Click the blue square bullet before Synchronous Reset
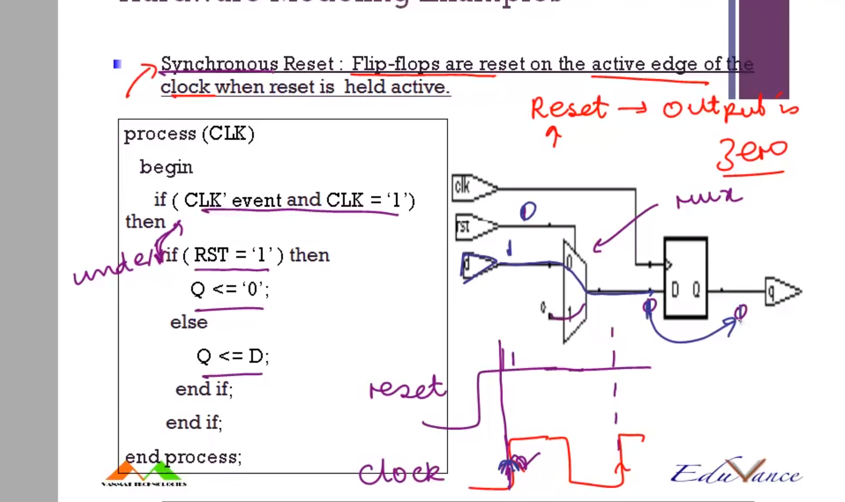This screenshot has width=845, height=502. (x=117, y=64)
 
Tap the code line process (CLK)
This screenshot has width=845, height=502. (x=189, y=134)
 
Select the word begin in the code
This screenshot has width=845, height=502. (x=166, y=167)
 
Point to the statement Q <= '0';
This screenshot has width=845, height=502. (x=230, y=289)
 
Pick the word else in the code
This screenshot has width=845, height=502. (x=189, y=322)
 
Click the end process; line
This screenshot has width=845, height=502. (x=183, y=457)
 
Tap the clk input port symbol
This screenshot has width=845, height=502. (x=473, y=188)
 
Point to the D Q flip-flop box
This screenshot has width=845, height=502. (x=685, y=278)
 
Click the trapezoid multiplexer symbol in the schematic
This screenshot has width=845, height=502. (x=574, y=291)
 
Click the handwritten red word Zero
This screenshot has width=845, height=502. (x=751, y=155)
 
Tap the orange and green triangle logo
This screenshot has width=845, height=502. (x=144, y=471)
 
